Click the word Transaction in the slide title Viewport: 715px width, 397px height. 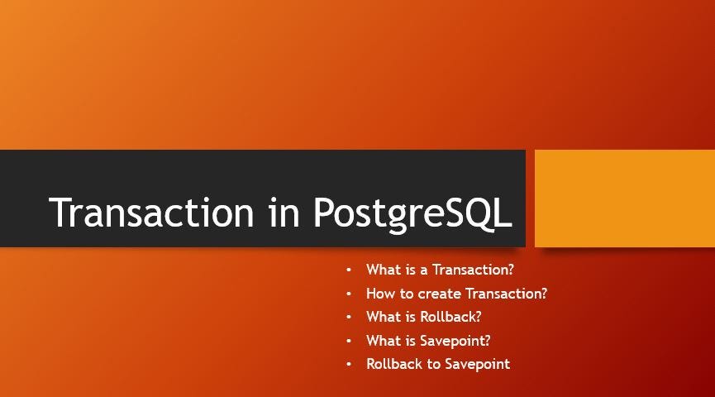click(152, 213)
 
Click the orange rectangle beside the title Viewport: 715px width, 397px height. click(624, 198)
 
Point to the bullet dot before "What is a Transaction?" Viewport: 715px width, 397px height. click(349, 270)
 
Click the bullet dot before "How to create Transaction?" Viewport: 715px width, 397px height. click(349, 294)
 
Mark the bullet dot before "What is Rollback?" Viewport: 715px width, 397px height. click(349, 317)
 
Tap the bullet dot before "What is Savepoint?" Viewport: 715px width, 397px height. click(349, 341)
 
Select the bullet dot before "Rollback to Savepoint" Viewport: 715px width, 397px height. click(349, 364)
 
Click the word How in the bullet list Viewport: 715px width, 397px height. click(381, 294)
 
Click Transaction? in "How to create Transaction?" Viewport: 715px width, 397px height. click(507, 294)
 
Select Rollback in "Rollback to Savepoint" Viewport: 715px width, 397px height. click(394, 364)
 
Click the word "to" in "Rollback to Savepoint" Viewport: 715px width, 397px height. click(434, 364)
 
